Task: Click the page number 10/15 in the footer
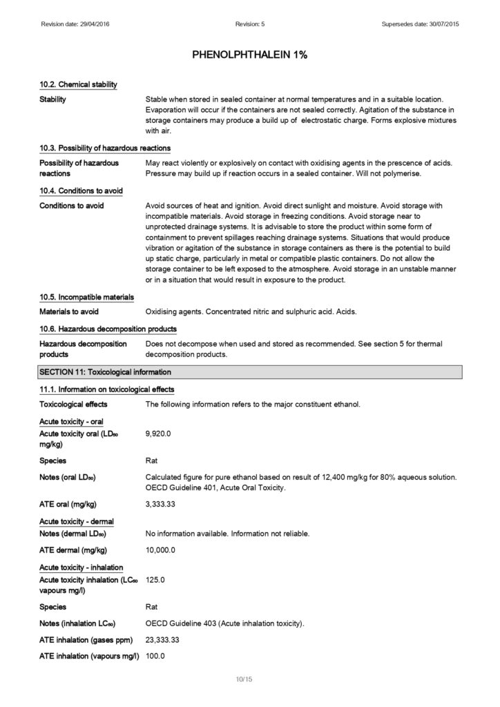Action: (x=244, y=680)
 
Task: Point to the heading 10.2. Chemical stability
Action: (x=78, y=84)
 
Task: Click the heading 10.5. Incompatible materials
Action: (x=86, y=298)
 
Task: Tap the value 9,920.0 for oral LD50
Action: (x=158, y=433)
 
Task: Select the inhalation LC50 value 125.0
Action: (x=155, y=580)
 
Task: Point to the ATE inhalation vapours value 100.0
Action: (x=155, y=655)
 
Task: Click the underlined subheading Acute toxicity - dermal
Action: (x=77, y=521)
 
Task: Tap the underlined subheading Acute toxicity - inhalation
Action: (x=81, y=568)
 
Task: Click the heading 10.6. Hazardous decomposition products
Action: (x=108, y=328)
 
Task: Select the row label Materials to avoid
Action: (x=69, y=312)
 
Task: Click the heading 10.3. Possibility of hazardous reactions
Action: (x=105, y=148)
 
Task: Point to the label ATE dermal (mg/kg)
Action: (x=73, y=550)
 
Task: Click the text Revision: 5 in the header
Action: (x=249, y=25)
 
